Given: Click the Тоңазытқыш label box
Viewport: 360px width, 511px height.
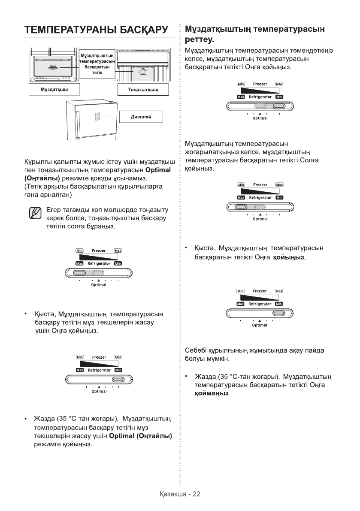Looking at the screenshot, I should [143, 90].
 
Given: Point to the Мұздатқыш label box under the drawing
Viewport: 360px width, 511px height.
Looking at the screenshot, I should [54, 90].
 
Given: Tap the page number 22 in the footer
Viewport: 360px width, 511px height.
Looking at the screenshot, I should [196, 494].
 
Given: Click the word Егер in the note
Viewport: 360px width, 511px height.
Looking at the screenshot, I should [53, 210].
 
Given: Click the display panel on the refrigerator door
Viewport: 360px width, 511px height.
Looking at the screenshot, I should [98, 117].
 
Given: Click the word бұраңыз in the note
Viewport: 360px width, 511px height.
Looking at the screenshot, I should [102, 227].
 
